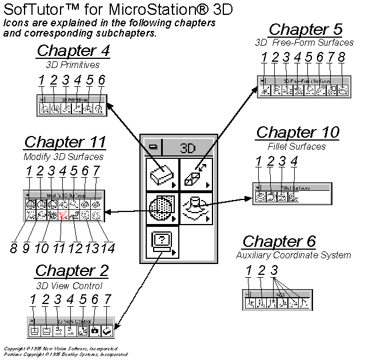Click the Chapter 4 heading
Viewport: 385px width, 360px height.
coord(73,50)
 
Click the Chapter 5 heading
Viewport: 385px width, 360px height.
coord(306,30)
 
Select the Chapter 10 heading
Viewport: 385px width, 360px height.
coord(298,133)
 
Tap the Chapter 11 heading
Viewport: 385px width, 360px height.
coord(65,142)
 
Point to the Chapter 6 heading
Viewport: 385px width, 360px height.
coord(279,241)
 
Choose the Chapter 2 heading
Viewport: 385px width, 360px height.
coord(71,271)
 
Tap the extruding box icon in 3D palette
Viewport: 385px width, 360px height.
coord(196,174)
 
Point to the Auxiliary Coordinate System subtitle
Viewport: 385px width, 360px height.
coord(294,255)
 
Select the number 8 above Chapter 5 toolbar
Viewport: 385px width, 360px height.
coord(342,58)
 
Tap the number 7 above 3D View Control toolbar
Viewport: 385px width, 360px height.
coord(107,299)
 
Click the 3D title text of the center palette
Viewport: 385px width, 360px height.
coord(189,148)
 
